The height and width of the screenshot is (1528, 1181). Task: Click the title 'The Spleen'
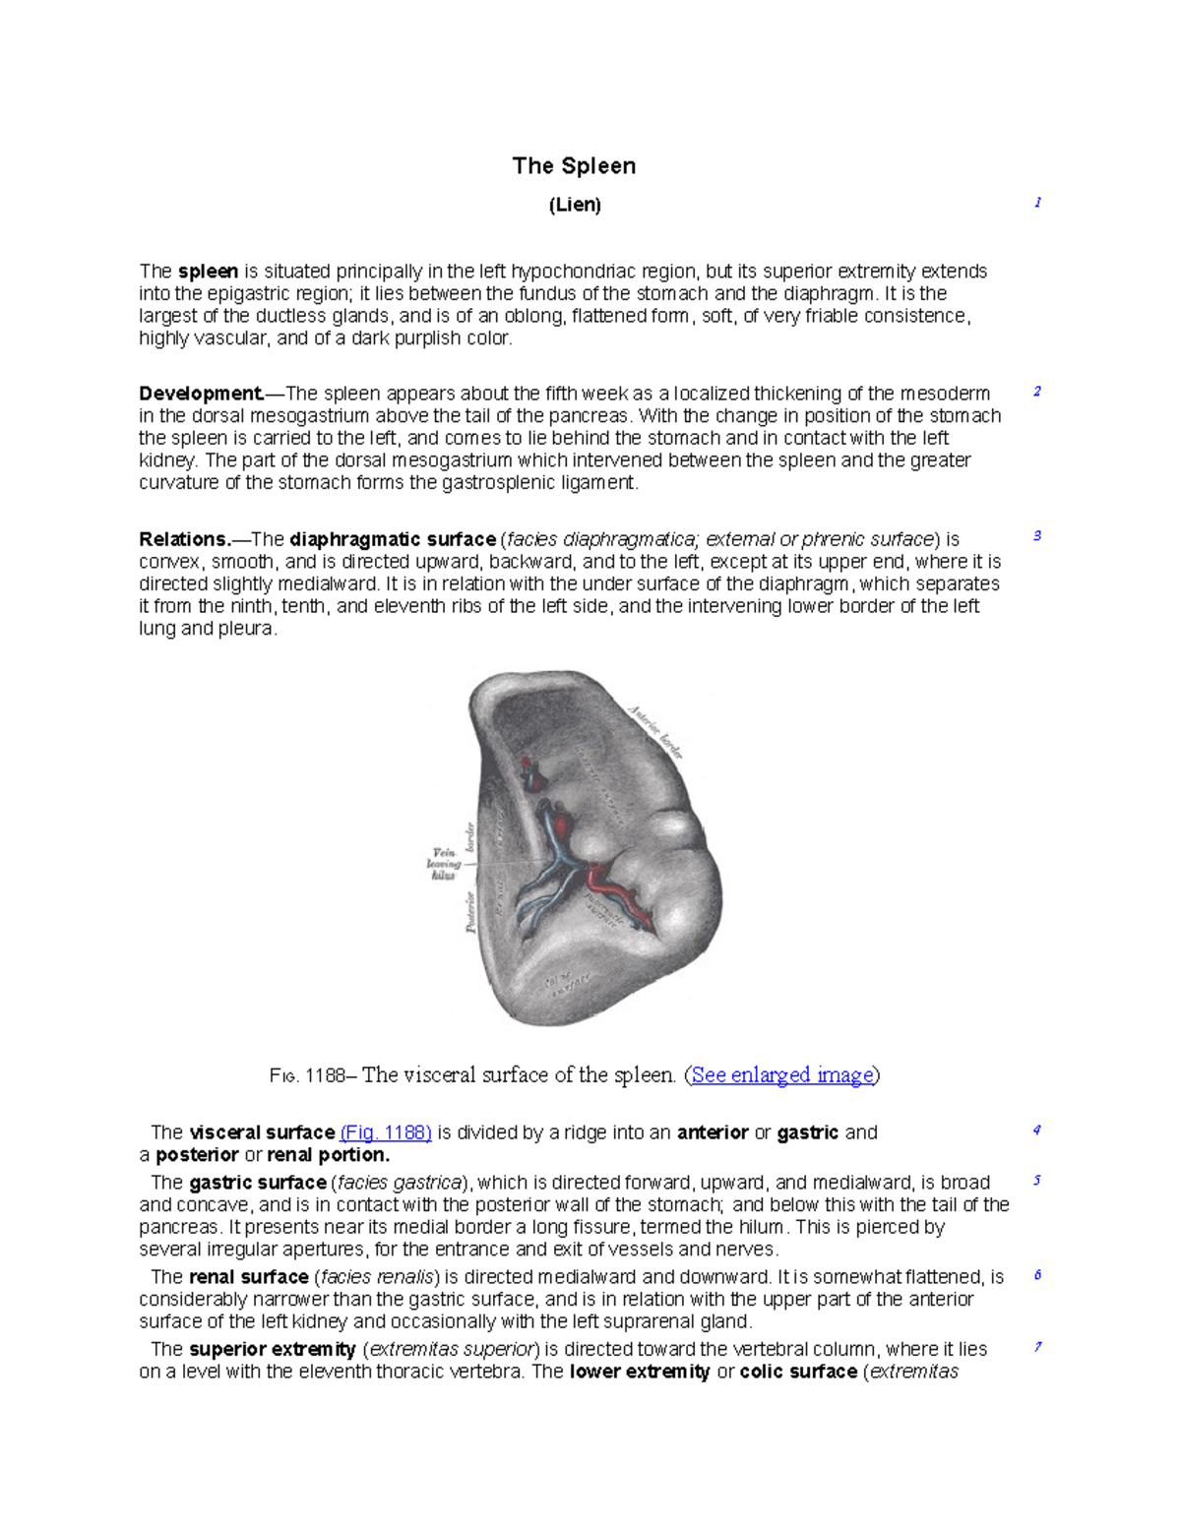coord(574,166)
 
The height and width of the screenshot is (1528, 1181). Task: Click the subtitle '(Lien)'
coord(574,205)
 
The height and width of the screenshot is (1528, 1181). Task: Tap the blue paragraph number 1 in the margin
coord(1037,203)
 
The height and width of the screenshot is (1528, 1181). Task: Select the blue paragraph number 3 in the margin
coord(1037,536)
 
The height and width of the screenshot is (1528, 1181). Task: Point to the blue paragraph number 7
coord(1037,1347)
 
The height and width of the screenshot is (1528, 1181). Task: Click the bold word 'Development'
coord(201,394)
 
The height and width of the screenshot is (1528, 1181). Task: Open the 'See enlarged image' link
coord(782,1075)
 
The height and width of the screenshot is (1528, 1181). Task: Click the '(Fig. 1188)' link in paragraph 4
coord(386,1132)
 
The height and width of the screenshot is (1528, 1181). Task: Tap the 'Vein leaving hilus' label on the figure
coord(443,863)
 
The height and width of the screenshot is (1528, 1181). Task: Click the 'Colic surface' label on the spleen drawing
coord(568,982)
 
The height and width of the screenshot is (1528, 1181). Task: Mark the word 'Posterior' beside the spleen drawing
coord(470,911)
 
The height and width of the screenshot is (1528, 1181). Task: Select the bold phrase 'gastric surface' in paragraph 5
coord(257,1183)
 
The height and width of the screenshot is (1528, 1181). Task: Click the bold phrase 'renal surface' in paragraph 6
coord(248,1277)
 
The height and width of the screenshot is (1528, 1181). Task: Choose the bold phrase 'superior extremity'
coord(272,1349)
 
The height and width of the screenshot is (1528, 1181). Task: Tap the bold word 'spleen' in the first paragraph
coord(208,272)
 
